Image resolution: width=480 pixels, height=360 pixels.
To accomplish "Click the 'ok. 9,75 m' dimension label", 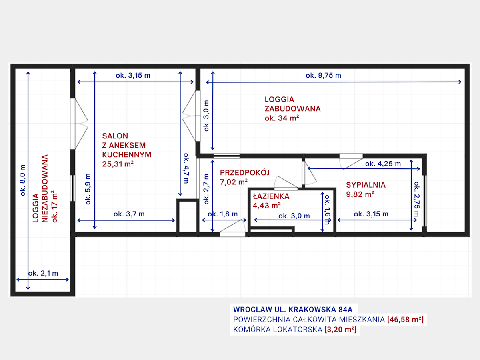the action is [x=323, y=76].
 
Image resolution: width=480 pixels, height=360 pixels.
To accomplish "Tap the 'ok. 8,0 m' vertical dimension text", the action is [x=23, y=180].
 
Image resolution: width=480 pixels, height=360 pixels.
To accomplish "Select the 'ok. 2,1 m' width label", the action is [x=43, y=273].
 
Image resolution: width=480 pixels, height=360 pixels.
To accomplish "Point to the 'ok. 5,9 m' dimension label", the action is [x=88, y=189].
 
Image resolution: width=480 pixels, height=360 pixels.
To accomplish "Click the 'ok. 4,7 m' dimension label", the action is [x=186, y=168].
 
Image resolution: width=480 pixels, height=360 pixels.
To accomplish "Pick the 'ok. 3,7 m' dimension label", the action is [x=129, y=214].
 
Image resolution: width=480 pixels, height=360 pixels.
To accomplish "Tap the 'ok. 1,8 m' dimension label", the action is [x=223, y=214].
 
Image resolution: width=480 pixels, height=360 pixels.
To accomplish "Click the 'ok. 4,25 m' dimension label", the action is [x=383, y=164].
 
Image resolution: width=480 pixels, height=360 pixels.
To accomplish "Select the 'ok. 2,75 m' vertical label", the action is [x=417, y=199].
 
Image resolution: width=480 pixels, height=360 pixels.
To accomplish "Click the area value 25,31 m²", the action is [x=118, y=164].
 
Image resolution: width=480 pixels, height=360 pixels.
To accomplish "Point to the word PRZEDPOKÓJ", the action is [x=244, y=173].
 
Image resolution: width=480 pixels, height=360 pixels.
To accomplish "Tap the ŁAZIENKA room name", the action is [x=271, y=196].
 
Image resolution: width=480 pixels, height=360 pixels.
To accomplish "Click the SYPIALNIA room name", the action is [x=366, y=185].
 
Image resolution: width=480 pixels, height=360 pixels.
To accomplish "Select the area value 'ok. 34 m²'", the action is [x=282, y=118].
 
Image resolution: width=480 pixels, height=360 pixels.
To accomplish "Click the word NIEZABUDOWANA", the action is [x=45, y=189].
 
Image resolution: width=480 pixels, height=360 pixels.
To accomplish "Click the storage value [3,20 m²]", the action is [x=341, y=329].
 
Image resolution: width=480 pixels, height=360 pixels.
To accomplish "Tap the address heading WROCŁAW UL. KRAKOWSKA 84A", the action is [x=293, y=310].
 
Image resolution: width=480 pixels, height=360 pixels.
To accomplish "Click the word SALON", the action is [x=115, y=136].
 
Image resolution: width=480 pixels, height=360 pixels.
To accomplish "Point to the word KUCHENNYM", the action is [x=127, y=154].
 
